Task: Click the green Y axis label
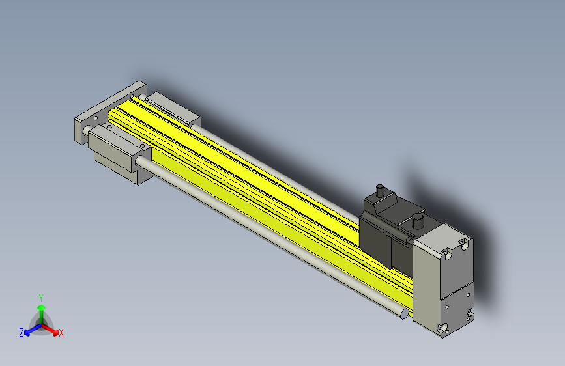tap(41, 298)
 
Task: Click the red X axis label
tap(61, 333)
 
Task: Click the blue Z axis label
tap(22, 333)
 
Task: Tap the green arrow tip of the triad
tap(42, 307)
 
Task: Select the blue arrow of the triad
tap(33, 330)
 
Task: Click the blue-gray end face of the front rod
tap(405, 314)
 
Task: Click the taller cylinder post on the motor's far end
tap(380, 191)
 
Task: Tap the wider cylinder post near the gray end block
tap(418, 221)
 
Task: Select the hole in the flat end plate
tap(96, 118)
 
